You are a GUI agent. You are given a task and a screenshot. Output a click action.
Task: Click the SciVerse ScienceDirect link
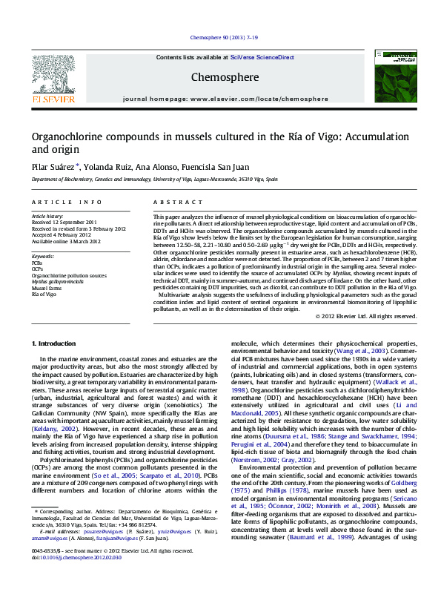pos(262,57)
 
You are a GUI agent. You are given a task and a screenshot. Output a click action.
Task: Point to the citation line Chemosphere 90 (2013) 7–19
pos(224,37)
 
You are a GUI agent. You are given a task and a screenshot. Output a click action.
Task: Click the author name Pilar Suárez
pos(56,166)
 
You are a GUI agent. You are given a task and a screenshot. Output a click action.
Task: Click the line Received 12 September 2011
pos(64,222)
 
